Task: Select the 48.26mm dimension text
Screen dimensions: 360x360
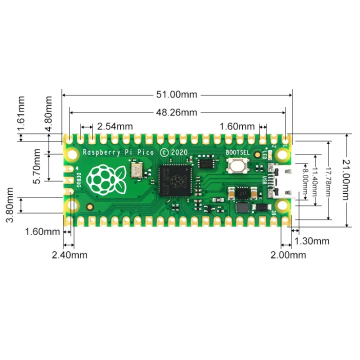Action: coord(177,112)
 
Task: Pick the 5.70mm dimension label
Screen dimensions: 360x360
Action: coord(37,165)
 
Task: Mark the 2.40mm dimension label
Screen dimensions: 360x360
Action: coord(69,255)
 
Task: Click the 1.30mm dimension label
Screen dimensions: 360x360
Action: coord(312,241)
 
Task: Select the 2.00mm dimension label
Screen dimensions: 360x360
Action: coord(288,255)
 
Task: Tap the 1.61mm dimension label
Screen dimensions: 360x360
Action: coord(21,114)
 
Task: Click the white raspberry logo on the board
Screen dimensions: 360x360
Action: coord(104,178)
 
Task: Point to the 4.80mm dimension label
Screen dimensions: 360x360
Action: coord(48,114)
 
